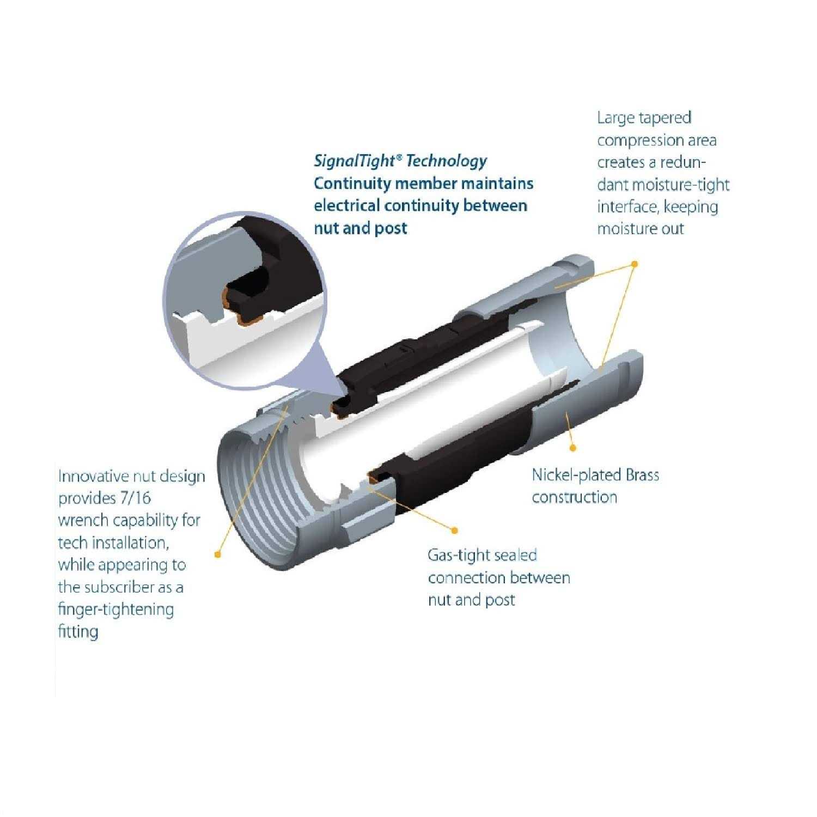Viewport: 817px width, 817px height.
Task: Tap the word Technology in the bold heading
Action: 447,161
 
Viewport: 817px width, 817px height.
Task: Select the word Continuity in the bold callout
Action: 352,183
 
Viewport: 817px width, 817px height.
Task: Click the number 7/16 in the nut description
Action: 135,498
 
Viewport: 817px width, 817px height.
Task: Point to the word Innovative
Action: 93,476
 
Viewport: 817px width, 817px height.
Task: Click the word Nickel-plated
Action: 576,474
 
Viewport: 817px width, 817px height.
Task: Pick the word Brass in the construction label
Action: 642,474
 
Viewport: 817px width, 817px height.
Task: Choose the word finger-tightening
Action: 116,609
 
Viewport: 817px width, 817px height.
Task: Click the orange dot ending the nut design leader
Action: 217,554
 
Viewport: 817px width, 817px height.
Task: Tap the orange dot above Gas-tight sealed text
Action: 455,530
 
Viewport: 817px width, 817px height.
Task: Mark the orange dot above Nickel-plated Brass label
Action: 572,448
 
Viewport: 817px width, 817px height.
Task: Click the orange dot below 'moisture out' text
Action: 634,264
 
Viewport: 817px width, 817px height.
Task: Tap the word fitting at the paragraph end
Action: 78,632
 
